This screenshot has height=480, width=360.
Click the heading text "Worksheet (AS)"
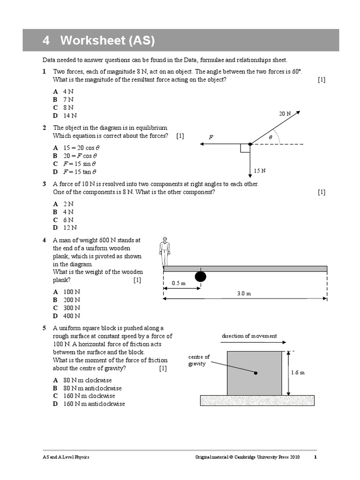[107, 41]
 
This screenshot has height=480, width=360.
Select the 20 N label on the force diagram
[285, 113]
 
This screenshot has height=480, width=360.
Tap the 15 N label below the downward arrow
[260, 171]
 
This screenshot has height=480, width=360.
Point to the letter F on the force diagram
[211, 137]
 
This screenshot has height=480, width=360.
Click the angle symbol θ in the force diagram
[270, 137]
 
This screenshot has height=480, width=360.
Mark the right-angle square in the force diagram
[245, 148]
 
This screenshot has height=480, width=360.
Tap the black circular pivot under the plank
[200, 277]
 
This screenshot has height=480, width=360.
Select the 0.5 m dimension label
[179, 283]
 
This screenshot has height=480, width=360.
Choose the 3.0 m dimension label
[244, 293]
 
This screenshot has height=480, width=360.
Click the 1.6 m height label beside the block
[298, 373]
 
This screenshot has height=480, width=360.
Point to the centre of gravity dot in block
[256, 373]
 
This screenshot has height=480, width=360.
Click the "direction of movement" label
[249, 336]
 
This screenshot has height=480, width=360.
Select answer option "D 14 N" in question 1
[65, 115]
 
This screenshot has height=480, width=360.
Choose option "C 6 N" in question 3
[63, 220]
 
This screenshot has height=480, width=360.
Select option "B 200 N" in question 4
[67, 300]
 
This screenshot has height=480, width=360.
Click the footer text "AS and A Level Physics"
[66, 457]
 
